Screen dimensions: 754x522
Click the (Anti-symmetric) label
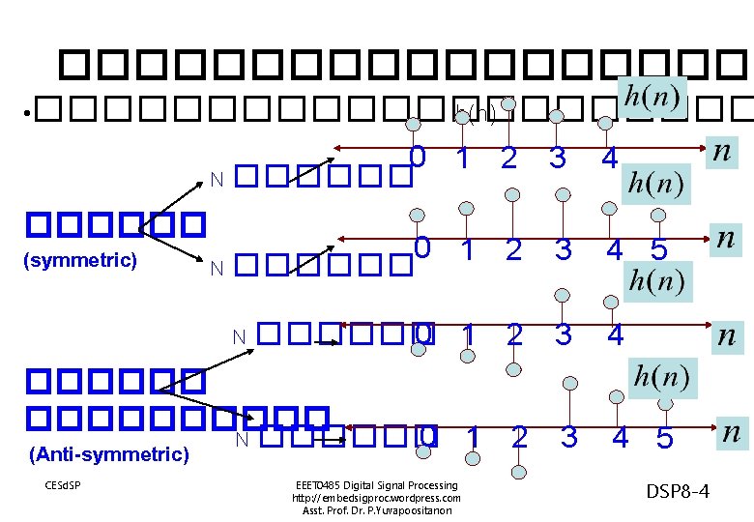click(108, 453)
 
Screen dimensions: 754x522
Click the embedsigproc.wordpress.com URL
click(376, 498)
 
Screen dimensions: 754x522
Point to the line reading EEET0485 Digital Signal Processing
click(376, 485)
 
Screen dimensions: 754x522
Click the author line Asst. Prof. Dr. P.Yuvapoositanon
click(376, 510)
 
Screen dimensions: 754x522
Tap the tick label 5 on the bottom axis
click(664, 439)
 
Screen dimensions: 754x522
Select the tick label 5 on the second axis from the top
click(658, 251)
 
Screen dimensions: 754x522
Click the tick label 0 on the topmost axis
click(418, 157)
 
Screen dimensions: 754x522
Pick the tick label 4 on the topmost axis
click(608, 159)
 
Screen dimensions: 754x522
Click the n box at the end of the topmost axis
click(720, 152)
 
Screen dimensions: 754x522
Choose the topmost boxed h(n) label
click(652, 97)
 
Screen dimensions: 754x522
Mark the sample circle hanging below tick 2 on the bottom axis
click(519, 471)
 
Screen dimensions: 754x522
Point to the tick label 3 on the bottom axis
click(569, 438)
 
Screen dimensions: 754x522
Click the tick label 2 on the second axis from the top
click(513, 250)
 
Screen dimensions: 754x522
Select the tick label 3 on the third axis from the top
click(563, 334)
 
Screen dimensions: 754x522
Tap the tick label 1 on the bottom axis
click(472, 437)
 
